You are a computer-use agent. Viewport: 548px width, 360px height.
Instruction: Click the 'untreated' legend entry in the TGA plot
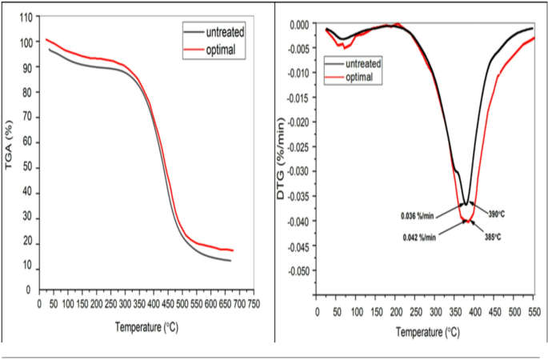[x=225, y=32]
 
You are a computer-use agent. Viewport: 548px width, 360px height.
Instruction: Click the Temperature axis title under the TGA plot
[x=147, y=326]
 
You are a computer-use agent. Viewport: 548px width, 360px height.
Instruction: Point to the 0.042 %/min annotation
[x=418, y=236]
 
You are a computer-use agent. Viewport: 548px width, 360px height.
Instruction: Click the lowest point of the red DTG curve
[x=464, y=222]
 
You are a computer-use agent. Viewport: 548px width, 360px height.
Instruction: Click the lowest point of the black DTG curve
[x=464, y=206]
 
